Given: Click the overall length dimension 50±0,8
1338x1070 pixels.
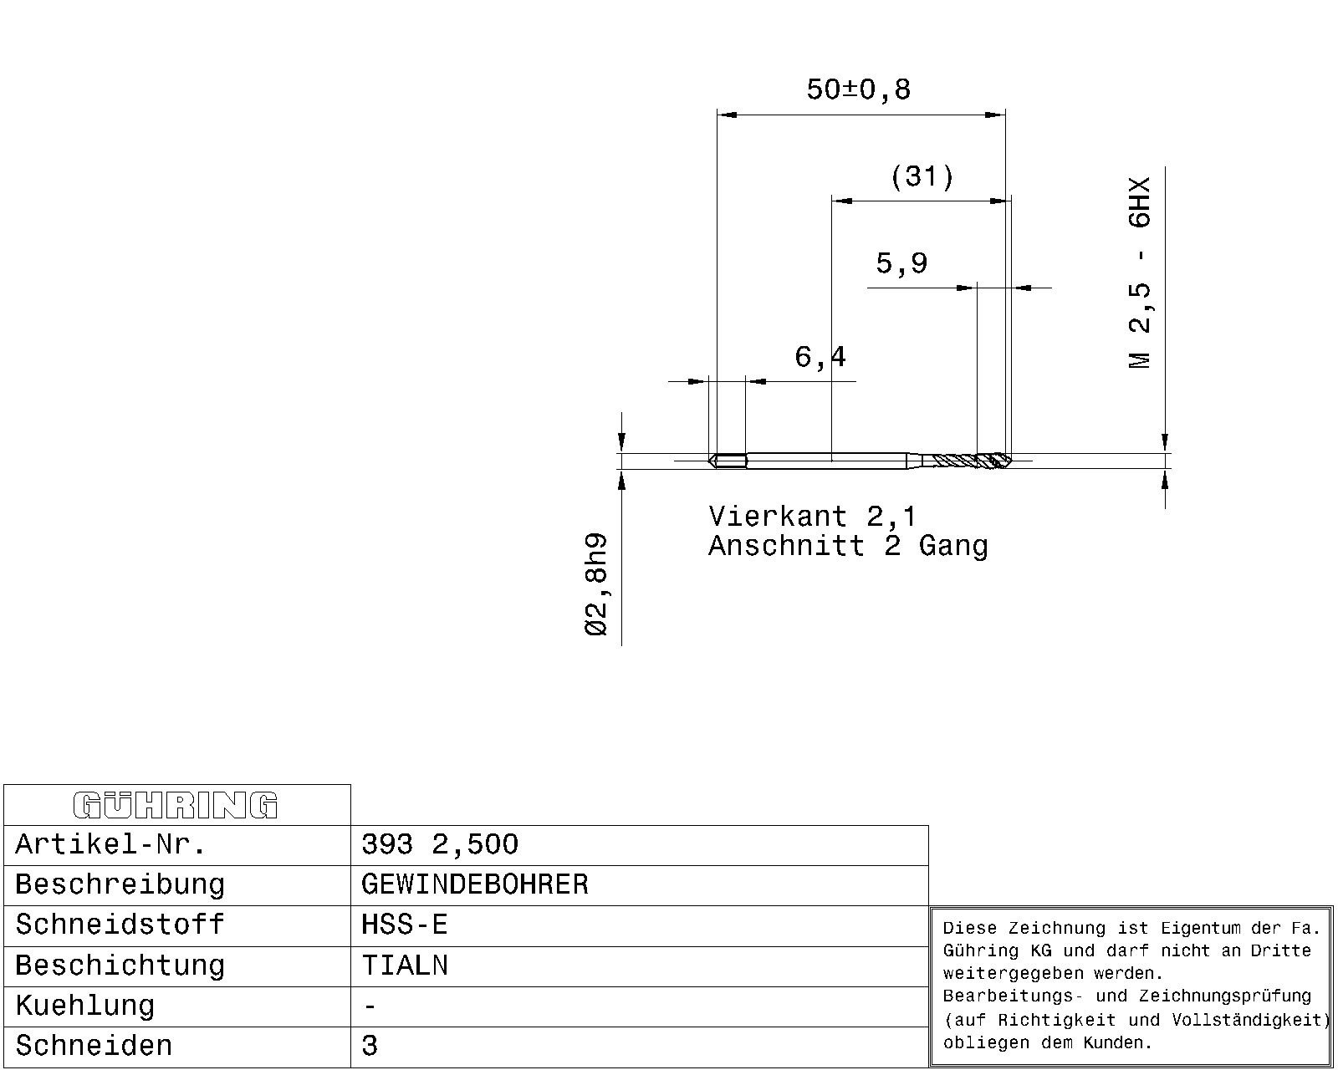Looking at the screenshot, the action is tap(859, 89).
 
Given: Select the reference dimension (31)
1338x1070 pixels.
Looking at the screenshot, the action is tap(922, 177).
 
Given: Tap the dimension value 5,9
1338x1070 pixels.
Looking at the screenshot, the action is tap(901, 263).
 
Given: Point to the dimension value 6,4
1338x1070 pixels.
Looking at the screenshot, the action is tap(820, 357).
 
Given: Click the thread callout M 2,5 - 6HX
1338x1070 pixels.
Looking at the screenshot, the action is tap(1139, 273).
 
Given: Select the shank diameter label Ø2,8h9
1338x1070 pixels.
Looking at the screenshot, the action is tap(595, 584).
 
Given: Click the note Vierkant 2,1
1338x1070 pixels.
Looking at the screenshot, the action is tap(813, 517).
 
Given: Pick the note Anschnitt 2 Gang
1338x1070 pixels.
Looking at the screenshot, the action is tap(848, 547).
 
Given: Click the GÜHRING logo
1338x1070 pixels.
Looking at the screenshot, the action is tap(176, 805).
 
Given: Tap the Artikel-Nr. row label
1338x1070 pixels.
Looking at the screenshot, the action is tap(110, 844).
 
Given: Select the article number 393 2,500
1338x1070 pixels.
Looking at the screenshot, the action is tap(440, 844).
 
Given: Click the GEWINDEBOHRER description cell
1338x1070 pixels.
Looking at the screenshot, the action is tap(474, 884).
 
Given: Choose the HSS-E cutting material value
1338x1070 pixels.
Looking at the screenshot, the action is tap(404, 925).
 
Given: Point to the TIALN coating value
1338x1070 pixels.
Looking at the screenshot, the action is tap(404, 966).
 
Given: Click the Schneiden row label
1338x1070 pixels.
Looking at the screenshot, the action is tap(94, 1046).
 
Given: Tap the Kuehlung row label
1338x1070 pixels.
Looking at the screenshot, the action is tap(84, 1006).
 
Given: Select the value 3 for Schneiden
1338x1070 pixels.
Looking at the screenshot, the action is tap(370, 1046).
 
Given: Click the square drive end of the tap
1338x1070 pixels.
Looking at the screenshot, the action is tap(728, 461).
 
